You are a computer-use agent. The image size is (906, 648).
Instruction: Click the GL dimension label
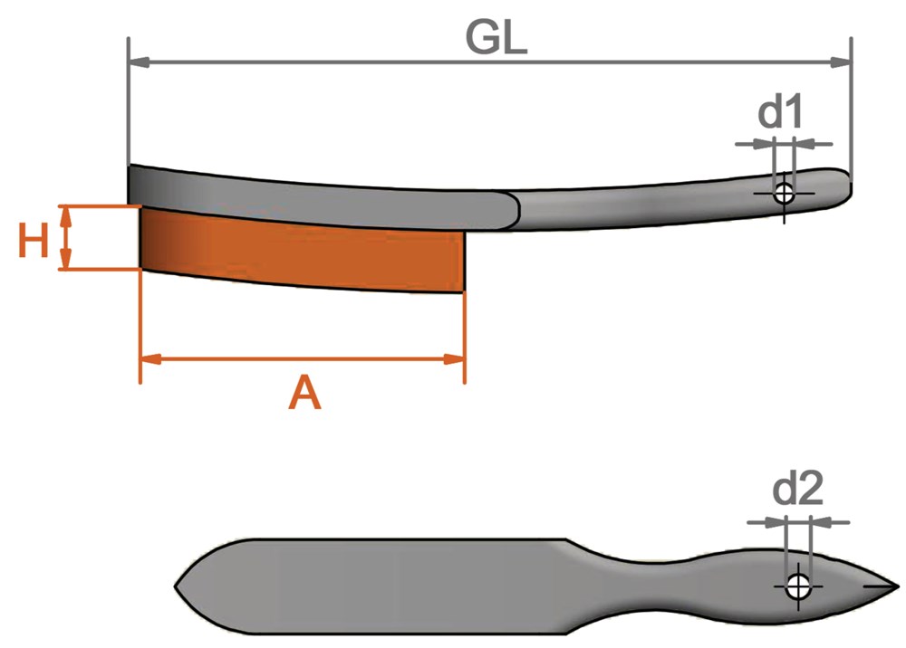pyautogui.click(x=496, y=38)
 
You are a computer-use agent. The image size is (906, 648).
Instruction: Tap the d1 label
pyautogui.click(x=780, y=112)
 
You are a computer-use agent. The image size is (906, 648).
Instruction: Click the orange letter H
pyautogui.click(x=33, y=241)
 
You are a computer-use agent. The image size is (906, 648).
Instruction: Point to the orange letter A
pyautogui.click(x=304, y=393)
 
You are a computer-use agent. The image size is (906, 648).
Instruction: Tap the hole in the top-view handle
pyautogui.click(x=798, y=587)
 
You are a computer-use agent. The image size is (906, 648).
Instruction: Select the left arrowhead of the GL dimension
pyautogui.click(x=140, y=62)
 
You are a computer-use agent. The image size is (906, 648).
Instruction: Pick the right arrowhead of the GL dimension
pyautogui.click(x=841, y=62)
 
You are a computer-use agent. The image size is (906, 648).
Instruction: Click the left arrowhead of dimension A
pyautogui.click(x=151, y=359)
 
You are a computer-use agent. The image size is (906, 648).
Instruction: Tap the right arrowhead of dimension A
pyautogui.click(x=454, y=359)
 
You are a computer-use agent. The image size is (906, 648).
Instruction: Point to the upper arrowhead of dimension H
pyautogui.click(x=66, y=216)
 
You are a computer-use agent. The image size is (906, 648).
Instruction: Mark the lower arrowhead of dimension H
pyautogui.click(x=66, y=259)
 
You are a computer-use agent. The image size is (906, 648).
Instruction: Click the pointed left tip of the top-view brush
pyautogui.click(x=176, y=586)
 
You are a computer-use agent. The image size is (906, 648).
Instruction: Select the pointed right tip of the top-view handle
pyautogui.click(x=899, y=586)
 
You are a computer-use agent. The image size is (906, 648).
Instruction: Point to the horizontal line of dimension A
pyautogui.click(x=303, y=359)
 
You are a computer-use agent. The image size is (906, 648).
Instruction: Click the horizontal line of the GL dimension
pyautogui.click(x=490, y=62)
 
